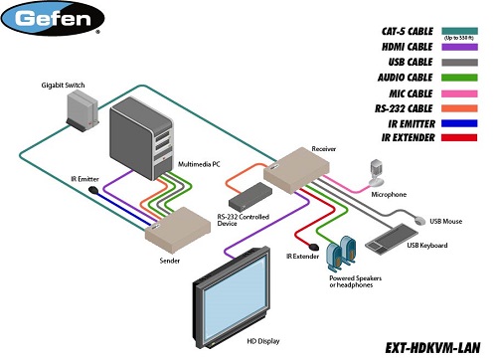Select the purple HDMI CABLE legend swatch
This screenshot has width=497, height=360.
point(466,55)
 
